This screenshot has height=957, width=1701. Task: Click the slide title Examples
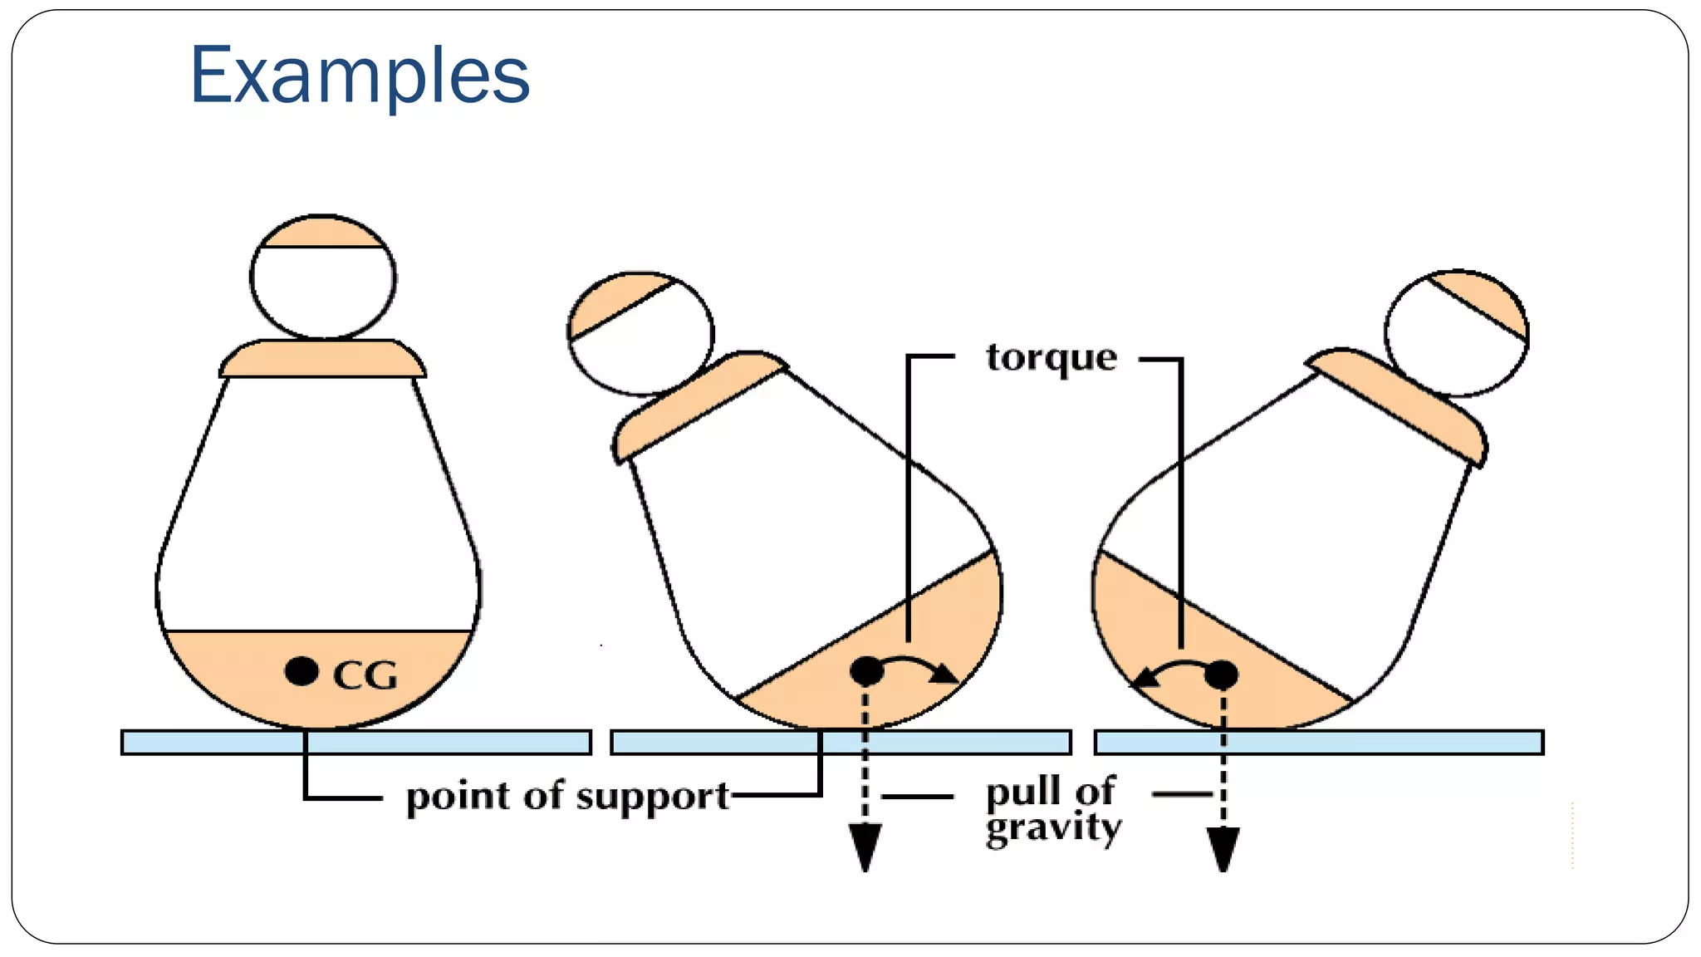[360, 76]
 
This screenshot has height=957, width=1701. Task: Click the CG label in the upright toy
[365, 675]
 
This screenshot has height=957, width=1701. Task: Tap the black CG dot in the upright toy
[301, 670]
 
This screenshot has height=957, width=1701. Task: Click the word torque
[1051, 358]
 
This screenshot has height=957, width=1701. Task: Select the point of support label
[566, 796]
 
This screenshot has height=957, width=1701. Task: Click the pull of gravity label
[1052, 810]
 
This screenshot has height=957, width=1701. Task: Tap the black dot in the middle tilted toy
[866, 670]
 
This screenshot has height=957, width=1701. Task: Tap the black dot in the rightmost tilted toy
[1221, 674]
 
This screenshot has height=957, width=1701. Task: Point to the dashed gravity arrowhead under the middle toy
[865, 847]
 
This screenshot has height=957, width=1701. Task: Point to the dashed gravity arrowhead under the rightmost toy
[1223, 848]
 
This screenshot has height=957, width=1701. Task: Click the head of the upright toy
[323, 277]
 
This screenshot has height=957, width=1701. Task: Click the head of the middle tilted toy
[640, 333]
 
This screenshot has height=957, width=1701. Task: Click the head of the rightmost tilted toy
[1457, 333]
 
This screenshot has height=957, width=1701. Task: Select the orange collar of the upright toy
[322, 359]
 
